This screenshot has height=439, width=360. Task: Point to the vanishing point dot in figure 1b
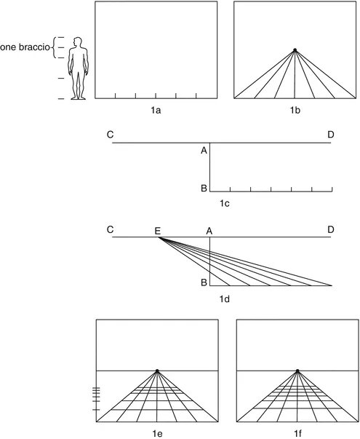[x=295, y=50]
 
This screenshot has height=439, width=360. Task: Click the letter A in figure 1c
[x=204, y=151]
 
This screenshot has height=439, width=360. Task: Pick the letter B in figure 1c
[x=204, y=189]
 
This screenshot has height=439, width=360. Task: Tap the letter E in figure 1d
[x=157, y=231]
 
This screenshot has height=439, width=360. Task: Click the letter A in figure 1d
[x=209, y=230]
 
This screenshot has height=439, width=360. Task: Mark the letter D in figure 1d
[x=331, y=229]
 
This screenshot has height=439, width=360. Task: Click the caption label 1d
[x=225, y=298]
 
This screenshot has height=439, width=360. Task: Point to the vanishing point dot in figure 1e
[x=157, y=371]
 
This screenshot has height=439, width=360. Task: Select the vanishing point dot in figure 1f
[x=297, y=371]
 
